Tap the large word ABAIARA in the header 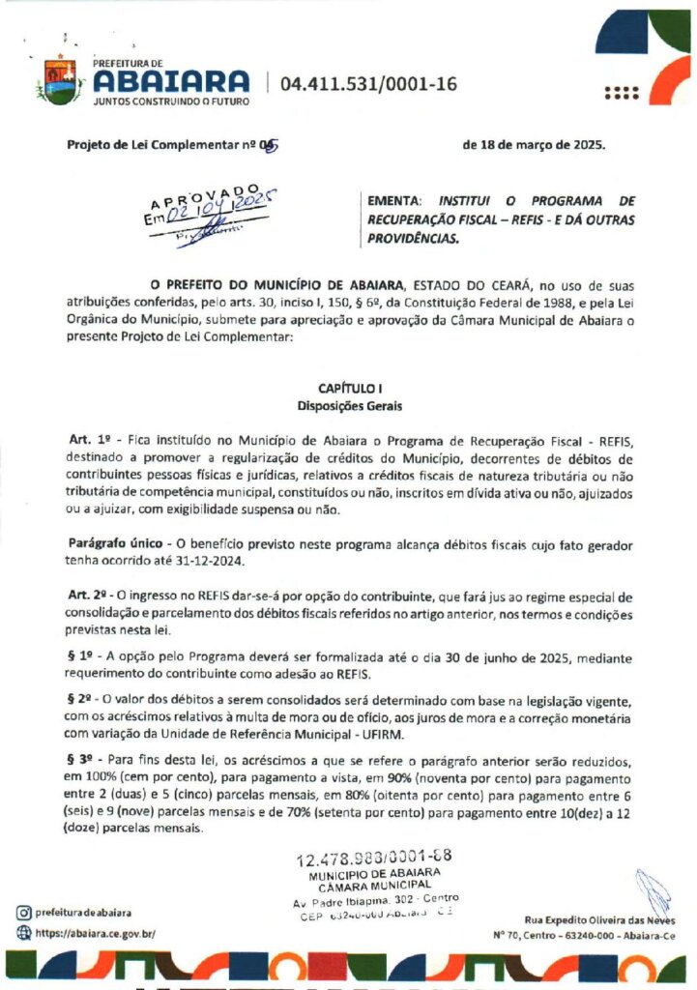172,80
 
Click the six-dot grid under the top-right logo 622,93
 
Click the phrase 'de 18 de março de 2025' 535,145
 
